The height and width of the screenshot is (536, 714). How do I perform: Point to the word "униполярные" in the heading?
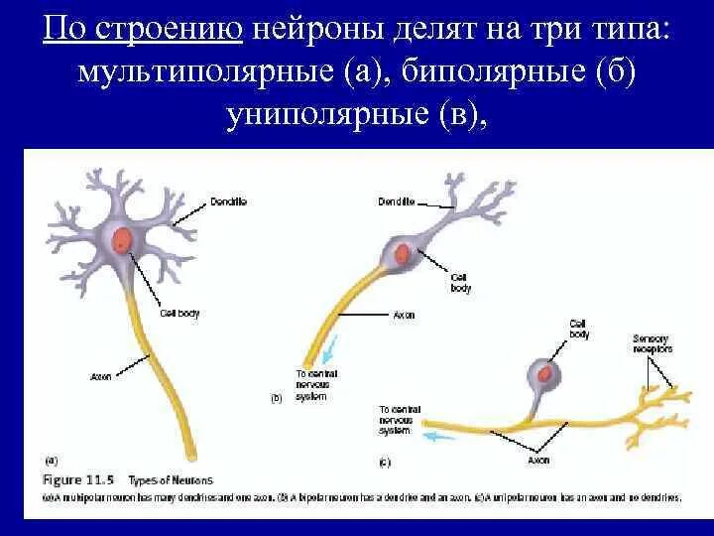pos(328,117)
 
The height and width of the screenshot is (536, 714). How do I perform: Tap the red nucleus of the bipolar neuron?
pos(402,253)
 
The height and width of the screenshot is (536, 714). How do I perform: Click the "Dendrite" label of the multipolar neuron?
pos(228,201)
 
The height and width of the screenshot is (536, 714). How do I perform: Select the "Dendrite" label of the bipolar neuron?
pos(395,201)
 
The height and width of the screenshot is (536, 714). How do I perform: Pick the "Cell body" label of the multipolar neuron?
pos(179,314)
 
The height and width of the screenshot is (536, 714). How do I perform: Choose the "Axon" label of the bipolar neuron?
pos(404,315)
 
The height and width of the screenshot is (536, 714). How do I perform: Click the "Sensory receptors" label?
pos(652,343)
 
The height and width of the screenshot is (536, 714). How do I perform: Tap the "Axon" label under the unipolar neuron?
pos(538,461)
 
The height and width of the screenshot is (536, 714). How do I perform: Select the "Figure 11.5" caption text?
pos(75,479)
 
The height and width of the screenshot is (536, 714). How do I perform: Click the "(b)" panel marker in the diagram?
pos(277,397)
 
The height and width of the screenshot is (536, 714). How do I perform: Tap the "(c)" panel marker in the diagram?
pos(385,461)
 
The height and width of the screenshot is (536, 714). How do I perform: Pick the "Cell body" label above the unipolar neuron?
pos(579,329)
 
